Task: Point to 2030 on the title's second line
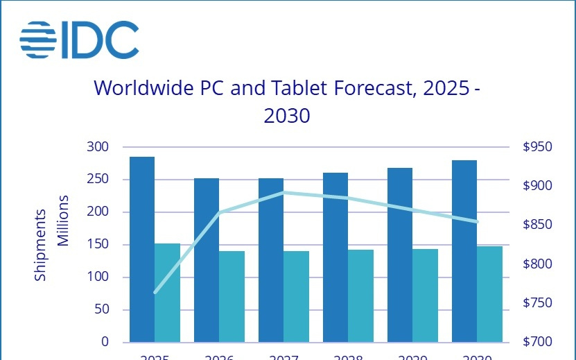pyautogui.click(x=286, y=116)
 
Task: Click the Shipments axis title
pyautogui.click(x=40, y=244)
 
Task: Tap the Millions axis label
pyautogui.click(x=62, y=221)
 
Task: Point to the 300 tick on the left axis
pyautogui.click(x=98, y=147)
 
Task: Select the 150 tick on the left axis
pyautogui.click(x=98, y=245)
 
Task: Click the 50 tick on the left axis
pyautogui.click(x=101, y=309)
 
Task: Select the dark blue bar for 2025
pyautogui.click(x=142, y=250)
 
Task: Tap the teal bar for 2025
pyautogui.click(x=167, y=293)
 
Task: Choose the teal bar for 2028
pyautogui.click(x=360, y=295)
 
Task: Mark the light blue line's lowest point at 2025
pyautogui.click(x=155, y=292)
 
